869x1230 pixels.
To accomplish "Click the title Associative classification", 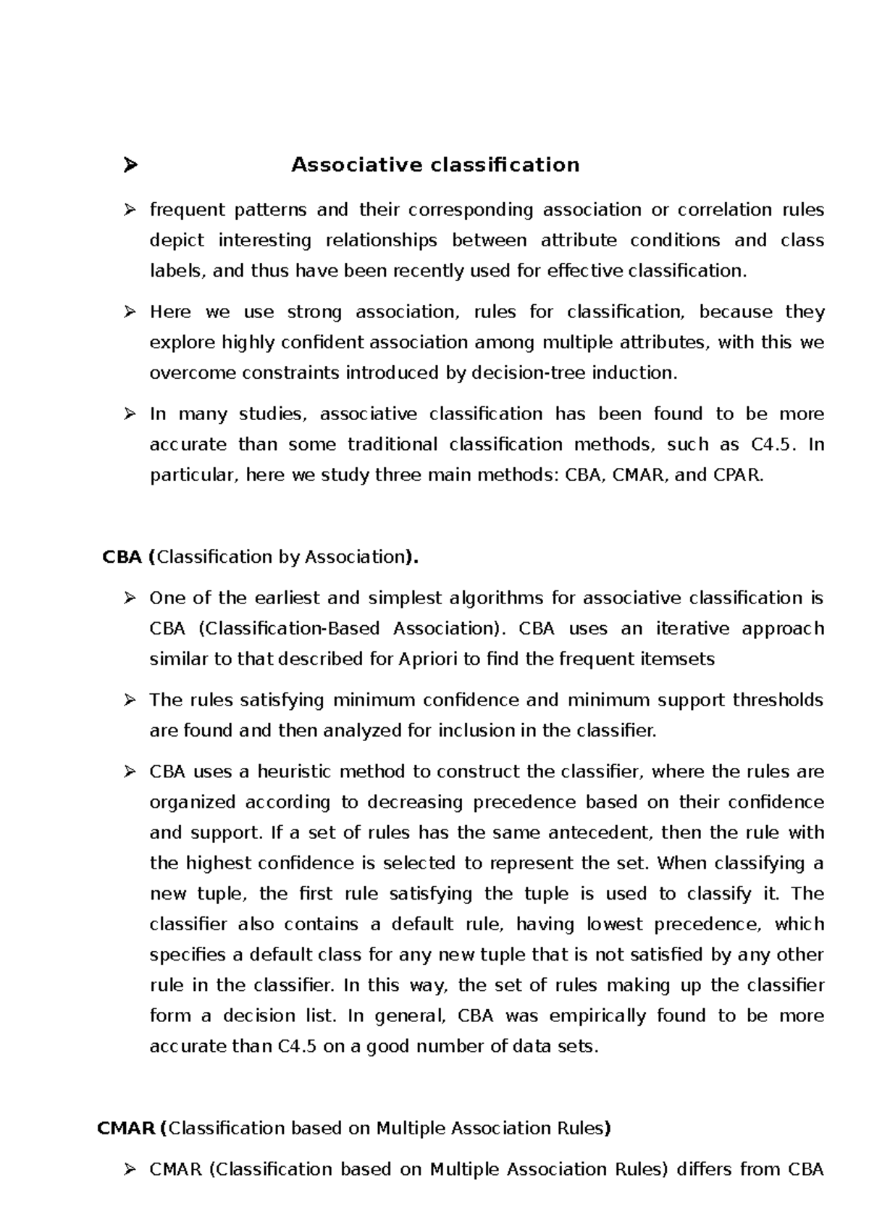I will click(x=435, y=165).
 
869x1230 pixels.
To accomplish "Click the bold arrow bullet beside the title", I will click(x=130, y=166).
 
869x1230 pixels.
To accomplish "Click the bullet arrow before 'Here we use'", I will click(x=130, y=312).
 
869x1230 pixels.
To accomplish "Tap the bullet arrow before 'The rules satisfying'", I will click(x=130, y=700).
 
